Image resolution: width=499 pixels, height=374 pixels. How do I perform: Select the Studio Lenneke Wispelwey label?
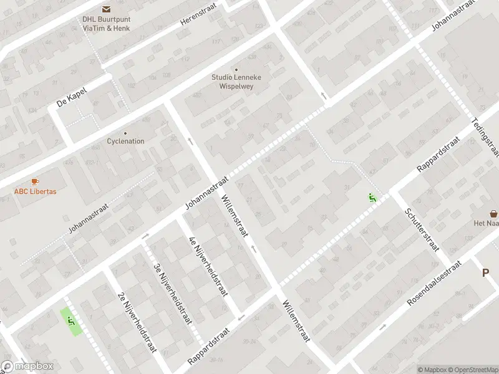pos(236,81)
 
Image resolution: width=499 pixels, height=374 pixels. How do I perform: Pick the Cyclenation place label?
pos(125,141)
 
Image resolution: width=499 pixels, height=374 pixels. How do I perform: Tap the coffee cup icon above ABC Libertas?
pos(35,181)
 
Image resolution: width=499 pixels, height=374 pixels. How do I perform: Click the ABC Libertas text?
pos(35,191)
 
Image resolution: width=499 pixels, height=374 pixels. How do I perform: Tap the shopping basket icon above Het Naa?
pos(494,213)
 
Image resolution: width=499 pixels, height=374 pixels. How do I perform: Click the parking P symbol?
pos(486,272)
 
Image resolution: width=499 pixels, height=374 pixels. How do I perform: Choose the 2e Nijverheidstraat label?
pos(137,322)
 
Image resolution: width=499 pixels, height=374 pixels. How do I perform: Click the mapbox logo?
pos(27,367)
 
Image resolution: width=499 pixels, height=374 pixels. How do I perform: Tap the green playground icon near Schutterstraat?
pos(372,198)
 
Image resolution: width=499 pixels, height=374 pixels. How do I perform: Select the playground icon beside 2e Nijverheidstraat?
pos(70,321)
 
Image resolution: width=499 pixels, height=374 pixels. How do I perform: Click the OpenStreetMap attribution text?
pos(473,370)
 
